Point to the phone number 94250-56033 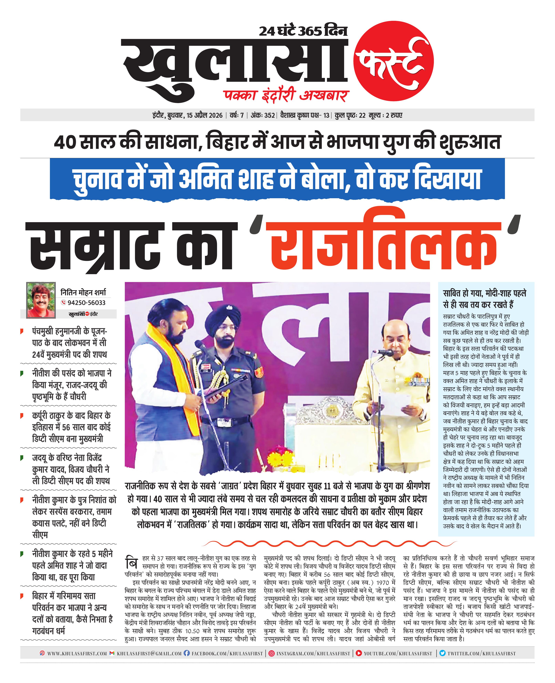click(86, 303)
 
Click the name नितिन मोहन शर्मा click(83, 292)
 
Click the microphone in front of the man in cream click(384, 353)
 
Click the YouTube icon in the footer click(359, 653)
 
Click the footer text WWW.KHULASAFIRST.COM click(77, 654)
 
